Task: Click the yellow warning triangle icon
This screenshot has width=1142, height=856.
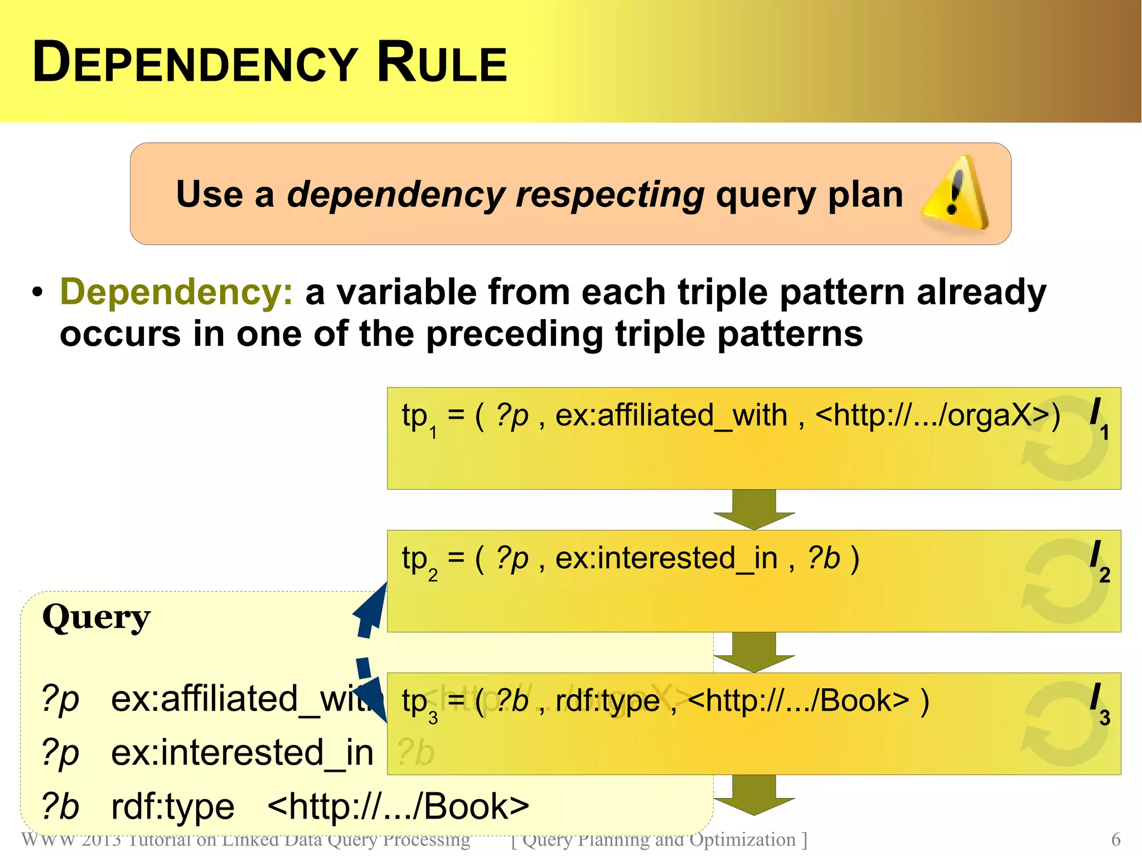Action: click(x=954, y=195)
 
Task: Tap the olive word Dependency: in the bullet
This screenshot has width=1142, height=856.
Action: click(x=176, y=292)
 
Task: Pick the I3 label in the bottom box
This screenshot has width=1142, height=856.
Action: click(x=1099, y=703)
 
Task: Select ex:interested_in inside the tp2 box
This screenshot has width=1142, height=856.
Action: click(x=666, y=558)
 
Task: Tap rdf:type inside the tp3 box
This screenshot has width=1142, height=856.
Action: click(x=607, y=701)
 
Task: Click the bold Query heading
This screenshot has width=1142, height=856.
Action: click(x=96, y=618)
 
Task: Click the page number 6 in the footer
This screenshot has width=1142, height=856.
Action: click(x=1115, y=839)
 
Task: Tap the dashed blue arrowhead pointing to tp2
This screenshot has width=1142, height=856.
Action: click(x=372, y=608)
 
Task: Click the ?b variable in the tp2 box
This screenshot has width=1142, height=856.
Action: click(x=824, y=558)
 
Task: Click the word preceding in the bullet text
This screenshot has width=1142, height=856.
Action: click(x=514, y=334)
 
